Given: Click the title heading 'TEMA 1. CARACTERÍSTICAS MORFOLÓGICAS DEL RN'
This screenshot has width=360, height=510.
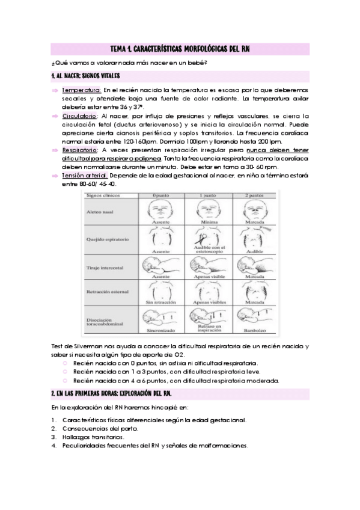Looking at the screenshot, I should [x=180, y=49].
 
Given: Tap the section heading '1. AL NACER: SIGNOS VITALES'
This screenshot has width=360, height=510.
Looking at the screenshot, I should [x=86, y=76].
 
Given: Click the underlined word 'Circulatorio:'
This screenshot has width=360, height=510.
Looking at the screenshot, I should [x=80, y=115].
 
